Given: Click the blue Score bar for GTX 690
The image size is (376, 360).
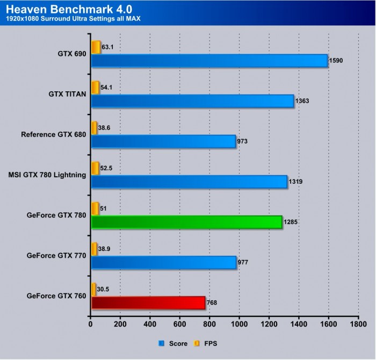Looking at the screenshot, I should [x=209, y=61].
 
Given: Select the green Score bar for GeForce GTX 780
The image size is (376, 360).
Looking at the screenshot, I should [x=187, y=222].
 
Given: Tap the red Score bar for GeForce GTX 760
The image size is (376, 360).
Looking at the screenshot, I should [x=148, y=303].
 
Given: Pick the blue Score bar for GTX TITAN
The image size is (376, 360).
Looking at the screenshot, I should [x=192, y=101].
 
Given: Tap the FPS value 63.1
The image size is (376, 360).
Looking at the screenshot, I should [x=107, y=47].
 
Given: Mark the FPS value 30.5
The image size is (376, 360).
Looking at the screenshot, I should [x=104, y=289].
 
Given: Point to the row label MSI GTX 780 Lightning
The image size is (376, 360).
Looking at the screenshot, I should [x=48, y=175].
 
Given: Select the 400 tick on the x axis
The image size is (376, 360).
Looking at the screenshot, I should [x=150, y=325].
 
